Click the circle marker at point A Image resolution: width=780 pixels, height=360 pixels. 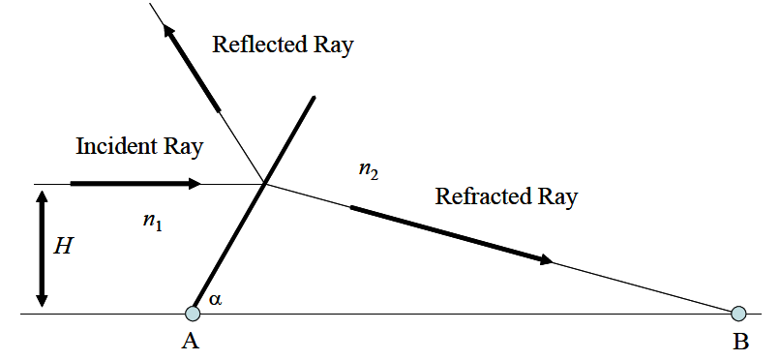[193, 313]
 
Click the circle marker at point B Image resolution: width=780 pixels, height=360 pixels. [738, 313]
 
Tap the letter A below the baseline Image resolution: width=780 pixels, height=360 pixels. [192, 342]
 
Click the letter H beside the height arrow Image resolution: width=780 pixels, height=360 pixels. [63, 246]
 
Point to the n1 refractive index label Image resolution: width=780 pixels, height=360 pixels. [152, 221]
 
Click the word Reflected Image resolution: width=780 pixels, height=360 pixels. [255, 45]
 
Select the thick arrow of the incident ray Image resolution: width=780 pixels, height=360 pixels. [135, 183]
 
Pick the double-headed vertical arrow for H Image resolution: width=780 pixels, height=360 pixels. [42, 247]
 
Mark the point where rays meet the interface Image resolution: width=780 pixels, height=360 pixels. [265, 183]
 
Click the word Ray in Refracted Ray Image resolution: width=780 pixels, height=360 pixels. [557, 197]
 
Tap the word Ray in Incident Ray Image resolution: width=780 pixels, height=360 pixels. [184, 148]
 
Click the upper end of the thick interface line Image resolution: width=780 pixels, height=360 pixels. [315, 97]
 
